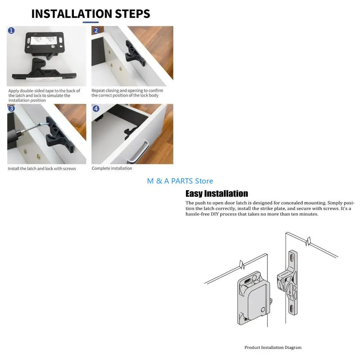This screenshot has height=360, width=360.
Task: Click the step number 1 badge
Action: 11,30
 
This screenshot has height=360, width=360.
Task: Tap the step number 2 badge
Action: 96,30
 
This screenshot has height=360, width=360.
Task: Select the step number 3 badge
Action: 11,108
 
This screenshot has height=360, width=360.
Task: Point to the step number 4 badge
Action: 96,108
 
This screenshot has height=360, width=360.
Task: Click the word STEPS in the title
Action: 133,14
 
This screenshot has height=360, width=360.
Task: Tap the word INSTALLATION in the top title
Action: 72,14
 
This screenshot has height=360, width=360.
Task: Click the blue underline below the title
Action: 91,22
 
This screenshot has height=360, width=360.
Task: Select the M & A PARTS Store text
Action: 180,181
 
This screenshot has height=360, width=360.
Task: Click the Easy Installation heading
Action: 217,194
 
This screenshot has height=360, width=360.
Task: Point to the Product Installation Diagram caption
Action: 273,347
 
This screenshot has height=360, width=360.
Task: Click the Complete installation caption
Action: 112,168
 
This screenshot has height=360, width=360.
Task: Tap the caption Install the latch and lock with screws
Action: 42,168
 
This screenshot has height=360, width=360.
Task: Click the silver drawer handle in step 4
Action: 139,152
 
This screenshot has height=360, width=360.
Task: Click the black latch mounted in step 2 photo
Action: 135,54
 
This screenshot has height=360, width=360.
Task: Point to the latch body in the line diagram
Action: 253,298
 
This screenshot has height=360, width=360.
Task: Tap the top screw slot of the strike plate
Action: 292,258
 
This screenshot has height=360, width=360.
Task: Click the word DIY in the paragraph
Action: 215,214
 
